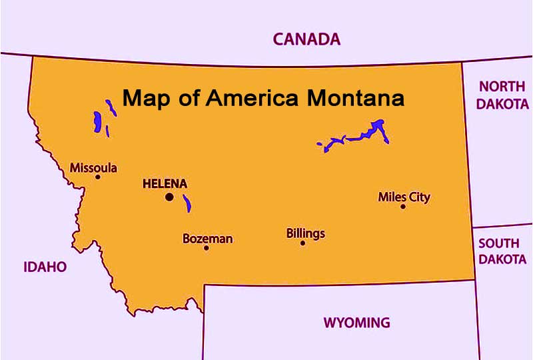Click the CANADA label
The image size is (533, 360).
click(x=306, y=39)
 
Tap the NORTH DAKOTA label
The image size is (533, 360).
click(x=504, y=95)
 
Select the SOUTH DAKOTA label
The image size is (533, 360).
click(x=502, y=251)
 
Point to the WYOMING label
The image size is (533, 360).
click(x=356, y=323)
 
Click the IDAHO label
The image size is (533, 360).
click(x=45, y=267)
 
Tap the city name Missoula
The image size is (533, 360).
click(x=93, y=167)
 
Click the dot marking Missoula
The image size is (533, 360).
click(x=97, y=177)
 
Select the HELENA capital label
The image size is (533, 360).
click(x=165, y=183)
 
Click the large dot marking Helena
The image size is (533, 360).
click(x=169, y=197)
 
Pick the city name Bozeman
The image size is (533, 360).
click(x=207, y=238)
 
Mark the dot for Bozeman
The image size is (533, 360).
click(x=207, y=248)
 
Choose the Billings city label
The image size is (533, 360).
click(x=305, y=233)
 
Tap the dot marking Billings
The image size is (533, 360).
click(x=302, y=243)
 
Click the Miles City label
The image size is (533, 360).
click(x=404, y=197)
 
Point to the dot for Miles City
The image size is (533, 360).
click(x=402, y=207)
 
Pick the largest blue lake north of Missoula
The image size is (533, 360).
click(x=97, y=123)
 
